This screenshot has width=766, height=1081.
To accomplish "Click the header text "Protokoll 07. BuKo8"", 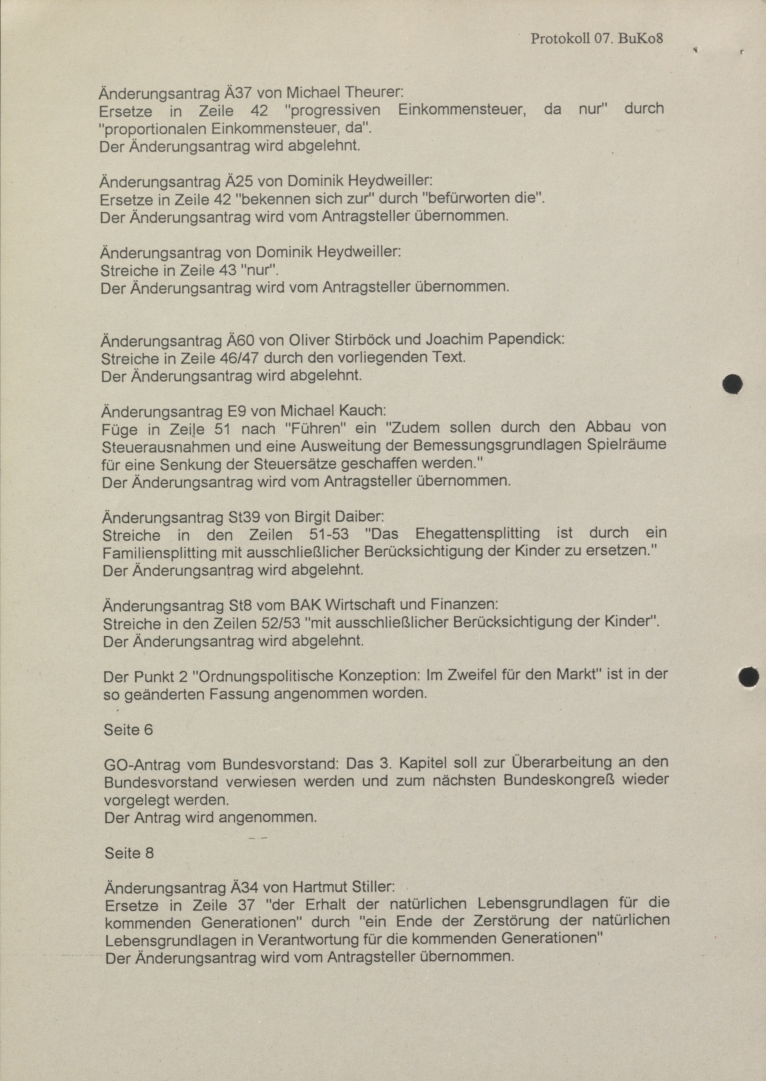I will click(597, 38).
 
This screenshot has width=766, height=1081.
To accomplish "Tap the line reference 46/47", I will click(238, 358).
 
